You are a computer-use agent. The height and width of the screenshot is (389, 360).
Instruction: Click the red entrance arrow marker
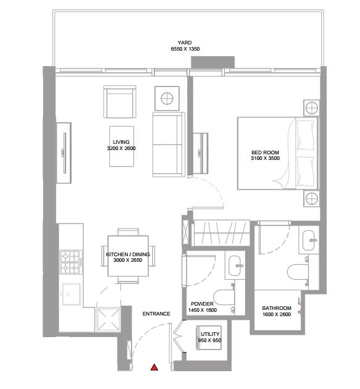(x=154, y=367)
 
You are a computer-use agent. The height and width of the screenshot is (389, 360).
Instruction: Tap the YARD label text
(x=185, y=43)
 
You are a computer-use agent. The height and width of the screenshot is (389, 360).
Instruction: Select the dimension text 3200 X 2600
(x=121, y=148)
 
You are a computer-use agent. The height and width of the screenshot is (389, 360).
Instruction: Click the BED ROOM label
(x=266, y=153)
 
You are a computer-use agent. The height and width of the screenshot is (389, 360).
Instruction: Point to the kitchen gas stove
(x=71, y=262)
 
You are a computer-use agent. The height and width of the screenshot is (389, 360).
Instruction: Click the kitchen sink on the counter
(x=71, y=295)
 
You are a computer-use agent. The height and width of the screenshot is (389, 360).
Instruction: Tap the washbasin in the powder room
(x=236, y=266)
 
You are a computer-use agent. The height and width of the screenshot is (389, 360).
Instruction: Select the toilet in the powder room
(x=224, y=297)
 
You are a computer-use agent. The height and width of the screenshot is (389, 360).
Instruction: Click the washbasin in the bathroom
(x=309, y=240)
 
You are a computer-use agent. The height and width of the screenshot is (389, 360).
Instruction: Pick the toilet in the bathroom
(x=298, y=272)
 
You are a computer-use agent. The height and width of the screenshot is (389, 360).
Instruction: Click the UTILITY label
(x=210, y=334)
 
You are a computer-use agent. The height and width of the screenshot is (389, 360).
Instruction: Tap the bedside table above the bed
(x=311, y=108)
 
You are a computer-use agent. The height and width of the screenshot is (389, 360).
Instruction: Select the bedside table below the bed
(x=311, y=199)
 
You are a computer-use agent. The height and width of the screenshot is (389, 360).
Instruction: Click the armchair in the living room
(x=120, y=102)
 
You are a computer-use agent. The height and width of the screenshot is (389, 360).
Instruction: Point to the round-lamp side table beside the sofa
(x=167, y=99)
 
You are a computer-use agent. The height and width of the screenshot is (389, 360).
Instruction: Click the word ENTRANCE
(x=156, y=314)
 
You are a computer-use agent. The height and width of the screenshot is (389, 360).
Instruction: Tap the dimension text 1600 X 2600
(x=277, y=314)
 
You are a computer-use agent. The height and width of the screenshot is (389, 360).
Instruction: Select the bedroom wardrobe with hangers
(x=222, y=233)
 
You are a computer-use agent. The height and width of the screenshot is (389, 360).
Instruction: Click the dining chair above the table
(x=128, y=232)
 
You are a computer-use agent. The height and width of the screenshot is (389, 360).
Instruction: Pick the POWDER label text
(x=202, y=304)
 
